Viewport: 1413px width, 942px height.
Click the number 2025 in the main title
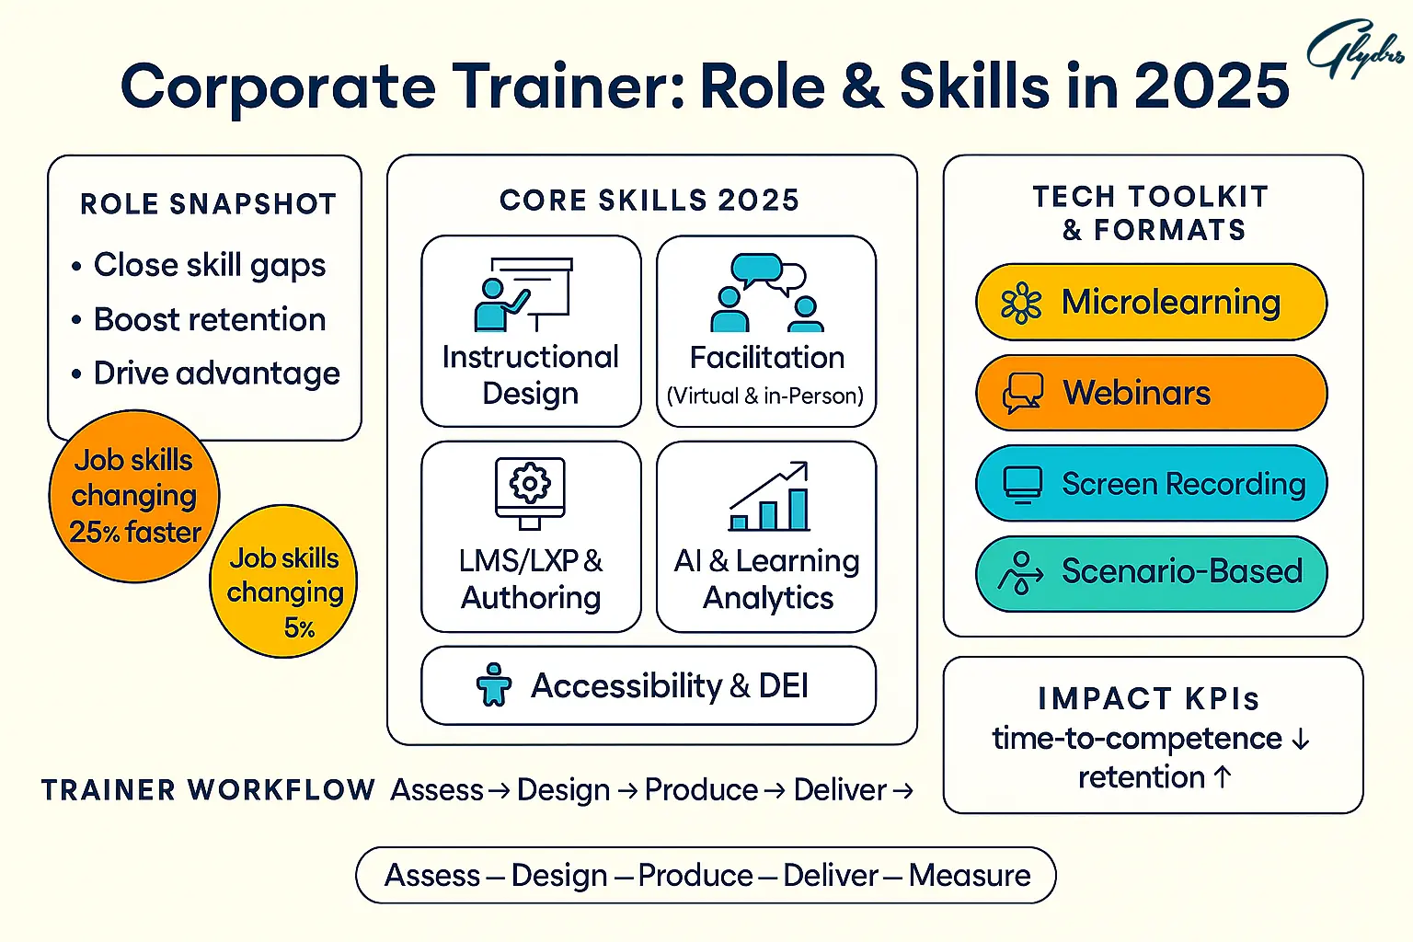(1212, 86)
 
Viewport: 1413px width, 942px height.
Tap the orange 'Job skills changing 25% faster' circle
(134, 496)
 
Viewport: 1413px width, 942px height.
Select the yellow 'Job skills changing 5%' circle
(284, 581)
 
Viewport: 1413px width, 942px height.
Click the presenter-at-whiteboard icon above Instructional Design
(523, 294)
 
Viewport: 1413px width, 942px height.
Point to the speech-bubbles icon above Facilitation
(766, 293)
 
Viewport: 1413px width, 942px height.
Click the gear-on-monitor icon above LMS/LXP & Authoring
(530, 493)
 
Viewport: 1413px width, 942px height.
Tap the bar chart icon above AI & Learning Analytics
(769, 496)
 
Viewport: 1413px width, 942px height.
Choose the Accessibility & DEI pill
(649, 685)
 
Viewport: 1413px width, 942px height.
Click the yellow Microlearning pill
(1151, 303)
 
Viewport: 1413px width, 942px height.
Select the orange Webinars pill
(1151, 393)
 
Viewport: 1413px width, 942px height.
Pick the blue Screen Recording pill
(1151, 483)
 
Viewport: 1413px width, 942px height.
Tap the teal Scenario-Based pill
(1151, 573)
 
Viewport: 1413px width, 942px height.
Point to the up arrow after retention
(1223, 776)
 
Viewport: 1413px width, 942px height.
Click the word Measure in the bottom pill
(970, 876)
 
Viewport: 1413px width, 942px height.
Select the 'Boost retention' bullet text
(210, 319)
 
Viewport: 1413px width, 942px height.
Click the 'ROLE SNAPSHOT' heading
(208, 204)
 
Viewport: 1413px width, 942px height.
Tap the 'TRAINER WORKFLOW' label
(208, 790)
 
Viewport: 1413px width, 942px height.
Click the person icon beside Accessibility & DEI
(494, 684)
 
